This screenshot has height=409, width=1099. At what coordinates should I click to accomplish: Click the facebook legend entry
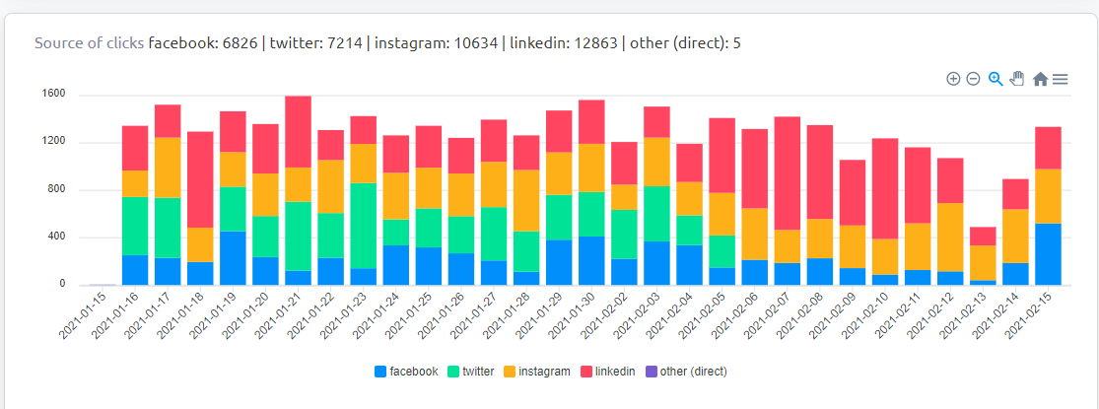pos(406,372)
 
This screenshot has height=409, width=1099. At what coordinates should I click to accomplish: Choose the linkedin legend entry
pos(607,372)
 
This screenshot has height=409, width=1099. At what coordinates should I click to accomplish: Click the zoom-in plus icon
pos(953,79)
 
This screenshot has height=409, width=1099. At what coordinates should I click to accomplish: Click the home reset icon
pos(1040,79)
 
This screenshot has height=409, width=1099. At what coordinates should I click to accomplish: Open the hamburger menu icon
pos(1061,79)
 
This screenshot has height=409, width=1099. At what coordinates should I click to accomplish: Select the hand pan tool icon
pos(1017,79)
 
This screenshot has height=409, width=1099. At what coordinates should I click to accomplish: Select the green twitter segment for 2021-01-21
pos(298,236)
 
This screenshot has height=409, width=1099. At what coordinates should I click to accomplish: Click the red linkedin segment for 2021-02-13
pos(984,236)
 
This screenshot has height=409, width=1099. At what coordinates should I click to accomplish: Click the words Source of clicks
pos(89,43)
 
